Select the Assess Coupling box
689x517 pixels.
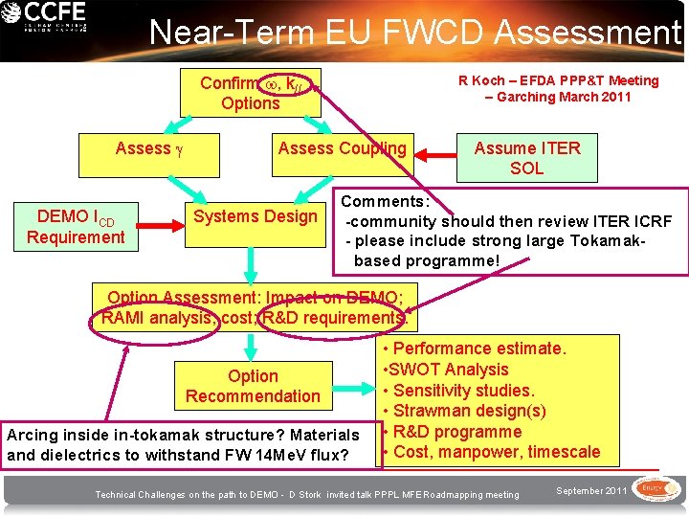[342, 148]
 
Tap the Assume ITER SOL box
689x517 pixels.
[526, 157]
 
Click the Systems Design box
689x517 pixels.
[255, 216]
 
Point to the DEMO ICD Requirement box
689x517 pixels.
[76, 226]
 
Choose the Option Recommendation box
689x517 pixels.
[253, 386]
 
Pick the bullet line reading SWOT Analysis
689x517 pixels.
[446, 370]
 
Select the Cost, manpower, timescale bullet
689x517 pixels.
[491, 452]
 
